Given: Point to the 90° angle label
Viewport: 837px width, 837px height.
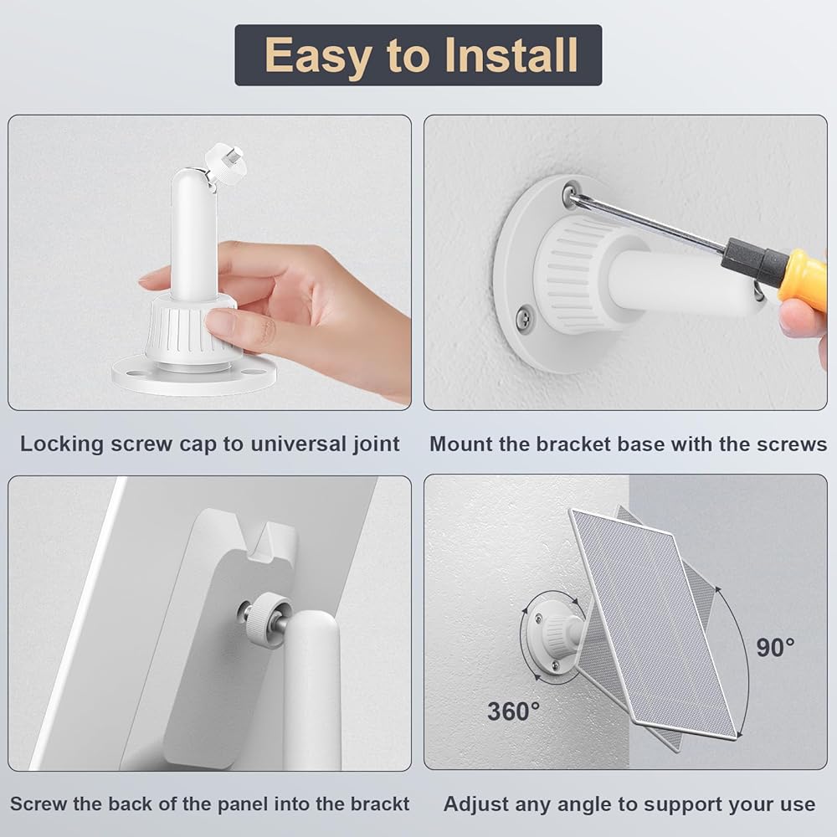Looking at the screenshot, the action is [x=775, y=648].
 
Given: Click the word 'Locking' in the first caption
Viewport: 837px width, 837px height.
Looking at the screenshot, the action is [x=62, y=444].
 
